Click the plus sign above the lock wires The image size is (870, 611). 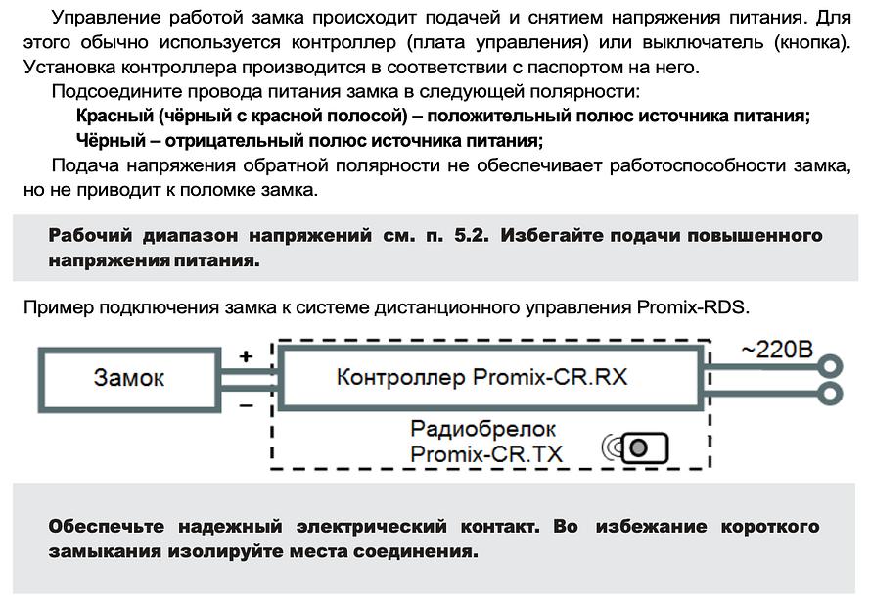point(246,357)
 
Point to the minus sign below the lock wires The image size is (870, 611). point(246,402)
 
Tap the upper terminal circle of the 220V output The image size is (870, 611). point(833,367)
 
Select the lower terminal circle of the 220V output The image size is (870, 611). point(833,394)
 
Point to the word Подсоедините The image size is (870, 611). point(112,92)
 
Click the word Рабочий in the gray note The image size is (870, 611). point(87,236)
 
